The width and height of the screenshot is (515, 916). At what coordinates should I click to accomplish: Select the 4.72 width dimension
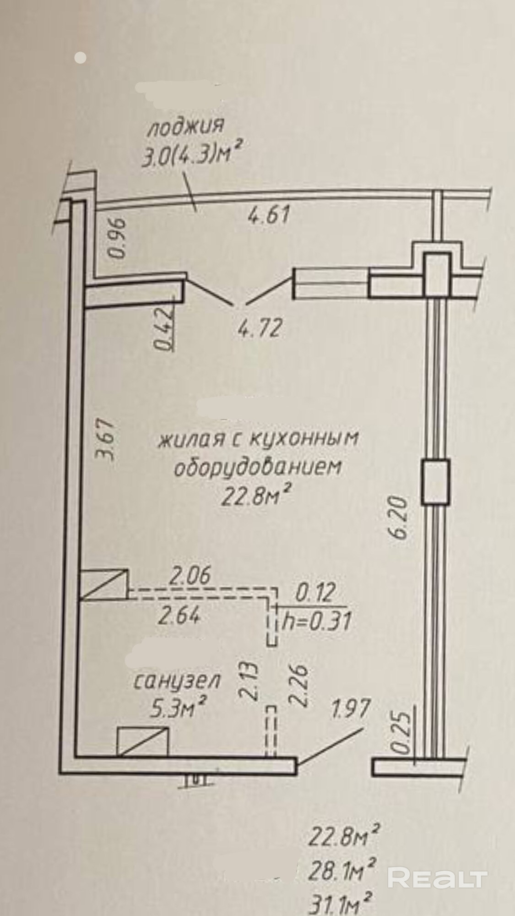(x=259, y=328)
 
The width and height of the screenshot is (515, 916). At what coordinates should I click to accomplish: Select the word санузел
(x=177, y=682)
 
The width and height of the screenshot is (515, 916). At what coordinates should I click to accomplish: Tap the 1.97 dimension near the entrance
(x=351, y=709)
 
